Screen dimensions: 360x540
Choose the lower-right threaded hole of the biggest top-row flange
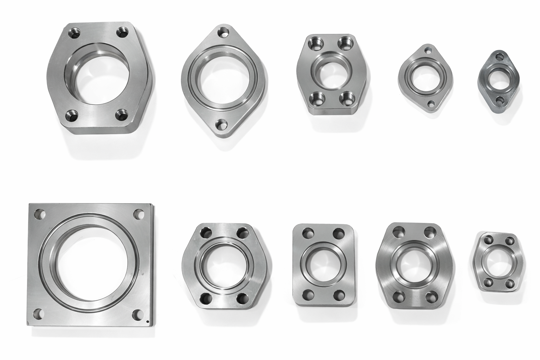click(122, 114)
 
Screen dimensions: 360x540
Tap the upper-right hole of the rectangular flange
click(339, 232)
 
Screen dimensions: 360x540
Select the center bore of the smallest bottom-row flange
click(496, 262)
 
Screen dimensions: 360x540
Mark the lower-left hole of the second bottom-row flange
click(204, 300)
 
